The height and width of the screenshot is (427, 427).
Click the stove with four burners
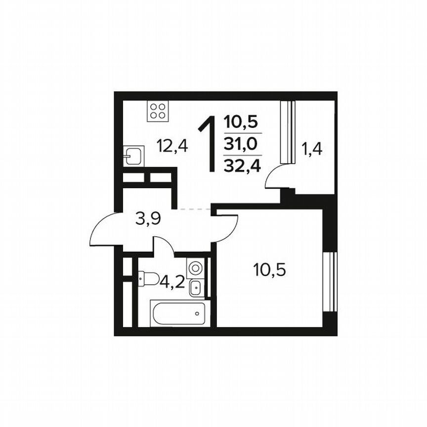click(x=158, y=111)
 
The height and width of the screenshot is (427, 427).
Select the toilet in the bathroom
click(x=148, y=279)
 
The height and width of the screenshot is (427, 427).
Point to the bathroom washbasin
click(x=195, y=287)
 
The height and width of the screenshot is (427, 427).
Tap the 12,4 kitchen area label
click(x=172, y=146)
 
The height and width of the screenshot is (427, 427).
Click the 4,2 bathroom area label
click(x=172, y=283)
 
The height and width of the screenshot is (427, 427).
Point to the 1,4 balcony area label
click(x=312, y=149)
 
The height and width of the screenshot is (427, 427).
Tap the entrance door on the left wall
click(x=102, y=230)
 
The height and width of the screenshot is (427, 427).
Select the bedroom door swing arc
click(x=228, y=228)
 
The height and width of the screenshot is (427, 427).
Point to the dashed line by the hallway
click(x=195, y=210)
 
